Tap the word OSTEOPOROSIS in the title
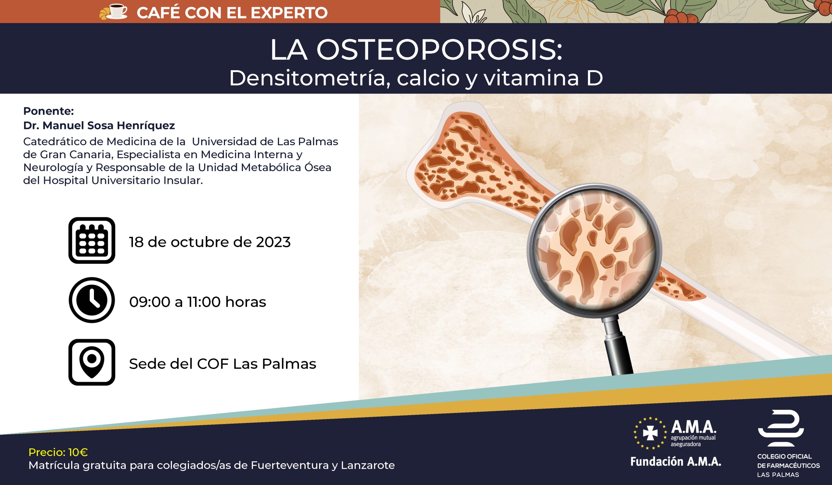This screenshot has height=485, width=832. click(439, 50)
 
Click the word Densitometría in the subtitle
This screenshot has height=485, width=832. click(310, 79)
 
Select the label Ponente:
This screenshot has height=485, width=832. click(48, 111)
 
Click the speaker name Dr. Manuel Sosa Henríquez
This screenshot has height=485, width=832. click(99, 125)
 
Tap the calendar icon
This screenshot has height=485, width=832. click(92, 240)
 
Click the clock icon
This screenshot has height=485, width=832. click(92, 300)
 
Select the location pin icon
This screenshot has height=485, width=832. click(92, 362)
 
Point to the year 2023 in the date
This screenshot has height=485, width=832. click(273, 242)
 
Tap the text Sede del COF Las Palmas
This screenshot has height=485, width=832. click(223, 364)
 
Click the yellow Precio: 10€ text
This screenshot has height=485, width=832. click(58, 452)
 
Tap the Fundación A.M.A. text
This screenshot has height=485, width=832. click(675, 462)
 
